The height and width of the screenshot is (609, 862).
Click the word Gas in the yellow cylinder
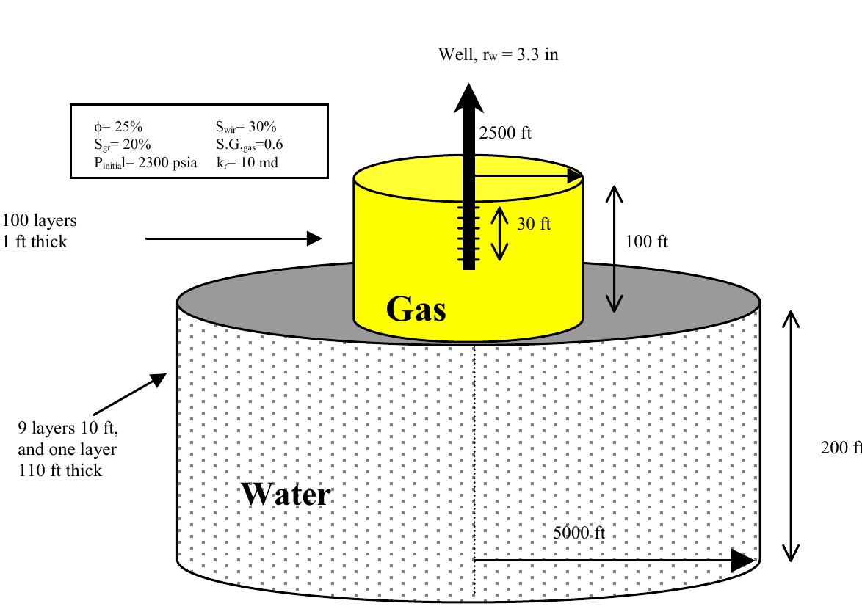(x=416, y=310)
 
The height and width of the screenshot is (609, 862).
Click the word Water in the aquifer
(x=286, y=495)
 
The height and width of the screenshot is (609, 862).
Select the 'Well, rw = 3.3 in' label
(x=498, y=54)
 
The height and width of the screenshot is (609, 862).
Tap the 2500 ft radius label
(x=505, y=134)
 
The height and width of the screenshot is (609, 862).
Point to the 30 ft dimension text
(x=534, y=225)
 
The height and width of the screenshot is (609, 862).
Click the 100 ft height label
(x=646, y=241)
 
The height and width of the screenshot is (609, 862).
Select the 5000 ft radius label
(x=579, y=533)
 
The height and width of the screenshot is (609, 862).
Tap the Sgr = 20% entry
(x=123, y=144)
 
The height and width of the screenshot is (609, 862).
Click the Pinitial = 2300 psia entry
(x=145, y=163)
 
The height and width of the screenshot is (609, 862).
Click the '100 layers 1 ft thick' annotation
(x=40, y=230)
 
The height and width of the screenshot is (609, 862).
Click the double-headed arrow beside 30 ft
(x=499, y=234)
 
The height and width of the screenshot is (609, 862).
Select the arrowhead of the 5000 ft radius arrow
(x=743, y=560)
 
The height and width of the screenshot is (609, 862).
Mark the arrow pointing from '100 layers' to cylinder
(x=233, y=238)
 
